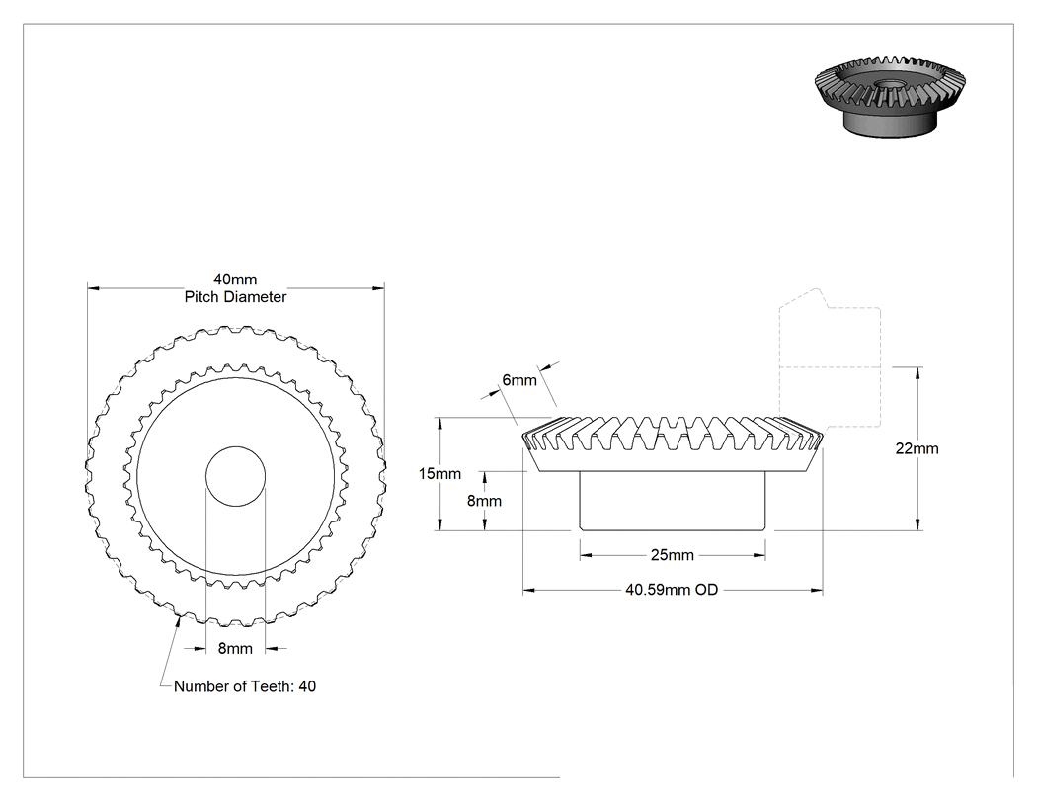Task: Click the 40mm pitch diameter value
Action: [x=235, y=280]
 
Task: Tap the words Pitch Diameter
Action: [x=235, y=297]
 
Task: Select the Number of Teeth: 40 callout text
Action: [x=245, y=686]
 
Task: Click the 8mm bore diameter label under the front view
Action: [x=235, y=649]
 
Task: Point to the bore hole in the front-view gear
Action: [x=235, y=476]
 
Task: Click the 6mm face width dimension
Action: [x=519, y=380]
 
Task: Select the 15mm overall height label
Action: [x=439, y=474]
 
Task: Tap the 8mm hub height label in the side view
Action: [x=484, y=501]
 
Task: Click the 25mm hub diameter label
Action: [x=672, y=555]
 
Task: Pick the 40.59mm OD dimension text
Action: [x=672, y=590]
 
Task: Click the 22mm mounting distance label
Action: [x=917, y=448]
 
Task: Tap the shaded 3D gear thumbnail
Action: [x=890, y=97]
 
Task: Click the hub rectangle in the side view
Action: [x=673, y=501]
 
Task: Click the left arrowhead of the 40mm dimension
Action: [x=93, y=288]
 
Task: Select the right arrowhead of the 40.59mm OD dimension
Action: [x=817, y=590]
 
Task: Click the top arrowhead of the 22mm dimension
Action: [x=917, y=373]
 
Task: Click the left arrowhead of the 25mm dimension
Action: [x=586, y=556]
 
